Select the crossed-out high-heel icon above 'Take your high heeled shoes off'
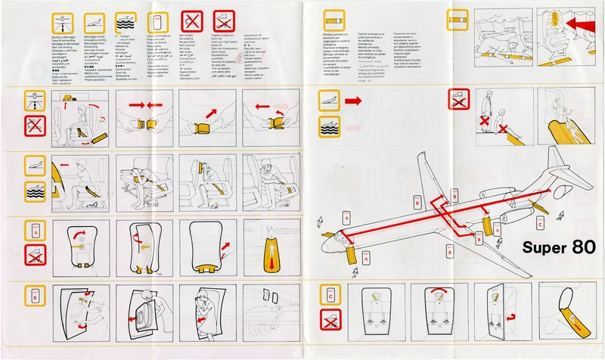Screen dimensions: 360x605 point(224,20)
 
